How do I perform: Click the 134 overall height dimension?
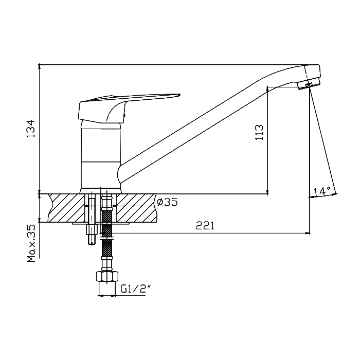[30, 129]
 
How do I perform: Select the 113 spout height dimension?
[259, 133]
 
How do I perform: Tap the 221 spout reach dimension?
[205, 226]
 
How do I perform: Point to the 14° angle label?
[321, 191]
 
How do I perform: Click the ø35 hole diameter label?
[167, 202]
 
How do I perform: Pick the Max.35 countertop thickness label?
[31, 243]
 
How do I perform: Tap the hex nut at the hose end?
[107, 276]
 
